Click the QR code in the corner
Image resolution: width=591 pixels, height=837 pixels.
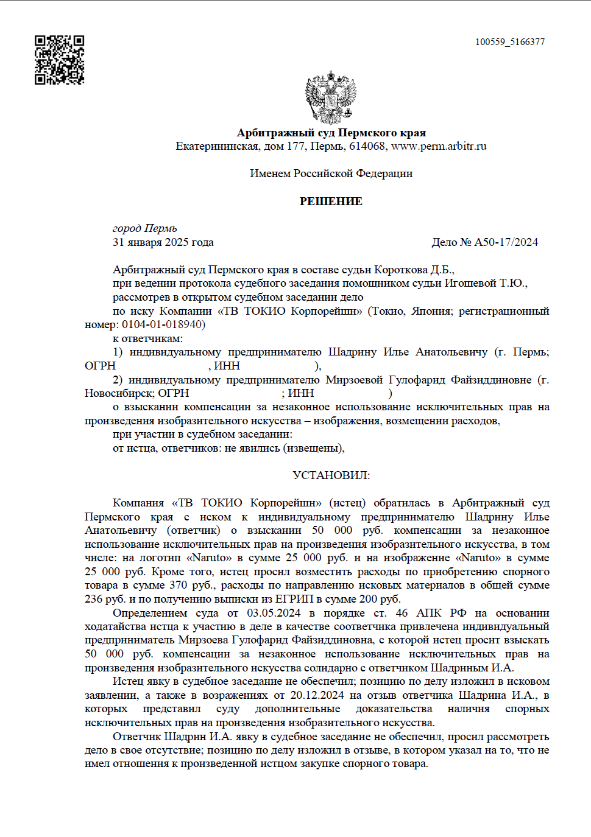click(x=59, y=60)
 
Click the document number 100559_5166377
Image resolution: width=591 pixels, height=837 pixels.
click(x=510, y=42)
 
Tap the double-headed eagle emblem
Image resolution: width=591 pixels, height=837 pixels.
click(x=331, y=97)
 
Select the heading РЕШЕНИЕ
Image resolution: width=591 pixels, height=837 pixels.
click(x=331, y=201)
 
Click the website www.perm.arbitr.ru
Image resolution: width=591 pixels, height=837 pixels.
click(x=439, y=146)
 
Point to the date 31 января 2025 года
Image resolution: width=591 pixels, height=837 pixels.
click(x=163, y=242)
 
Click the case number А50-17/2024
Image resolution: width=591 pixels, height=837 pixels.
click(x=506, y=242)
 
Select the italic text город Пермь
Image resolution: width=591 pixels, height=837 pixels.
click(x=145, y=228)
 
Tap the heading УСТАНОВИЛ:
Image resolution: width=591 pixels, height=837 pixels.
click(x=331, y=475)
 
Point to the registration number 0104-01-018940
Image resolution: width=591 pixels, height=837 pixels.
click(x=162, y=324)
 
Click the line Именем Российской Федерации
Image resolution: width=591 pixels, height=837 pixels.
click(x=331, y=173)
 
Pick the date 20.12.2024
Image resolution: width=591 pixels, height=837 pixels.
click(x=317, y=695)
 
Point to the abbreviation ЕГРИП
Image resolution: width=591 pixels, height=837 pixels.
click(x=294, y=599)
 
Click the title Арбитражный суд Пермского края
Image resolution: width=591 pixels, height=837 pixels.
click(x=331, y=133)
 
